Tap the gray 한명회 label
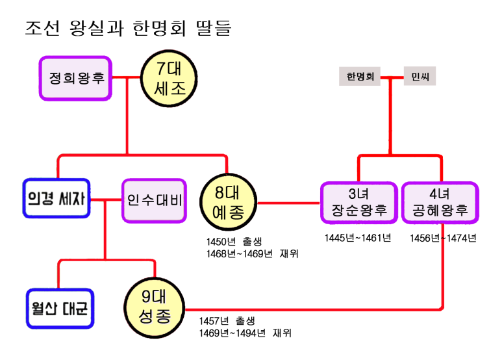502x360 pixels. tap(359, 77)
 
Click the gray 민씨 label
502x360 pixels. tap(420, 77)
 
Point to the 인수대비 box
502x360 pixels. tap(154, 199)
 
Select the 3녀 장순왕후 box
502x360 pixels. tap(358, 203)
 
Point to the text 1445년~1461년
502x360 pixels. tap(358, 238)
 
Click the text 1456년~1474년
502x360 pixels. tap(443, 238)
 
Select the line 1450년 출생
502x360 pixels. tap(234, 242)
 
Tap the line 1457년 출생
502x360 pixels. tap(227, 321)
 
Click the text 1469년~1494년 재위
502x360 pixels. tap(245, 333)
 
